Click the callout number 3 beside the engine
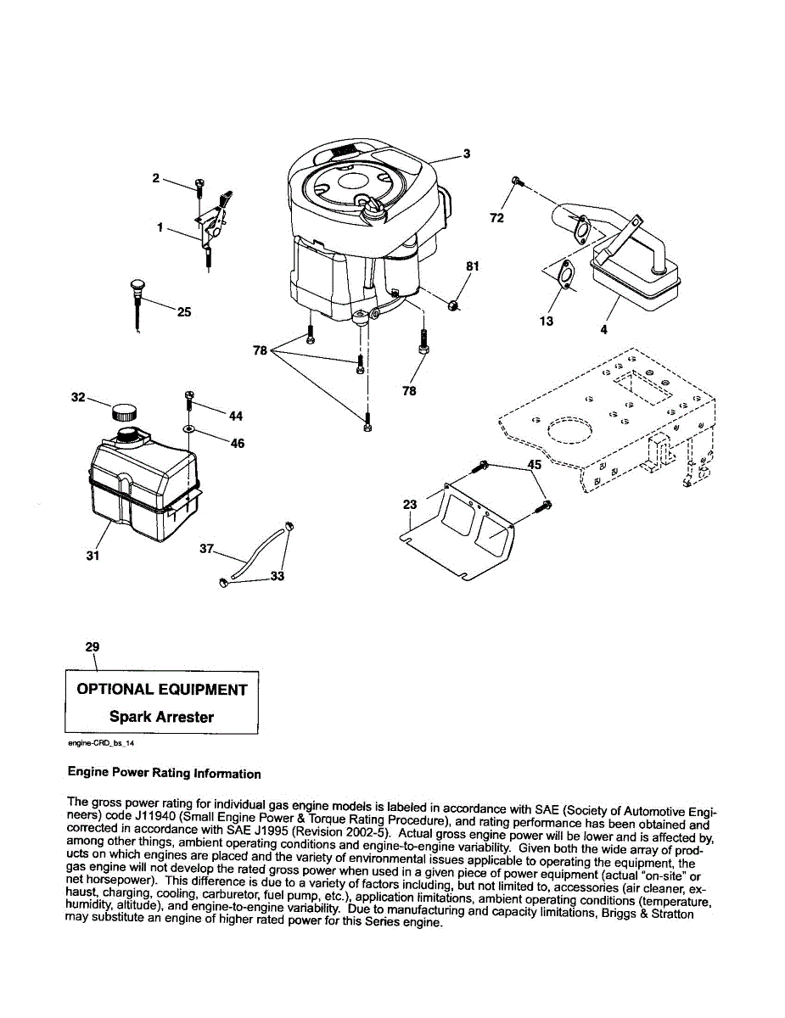466,154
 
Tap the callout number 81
473,266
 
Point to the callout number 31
93,556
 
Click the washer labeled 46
188,430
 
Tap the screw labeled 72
517,182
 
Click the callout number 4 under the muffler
603,330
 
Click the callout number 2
155,178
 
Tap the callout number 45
534,465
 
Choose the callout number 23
410,505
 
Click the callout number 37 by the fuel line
206,549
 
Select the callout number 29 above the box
93,646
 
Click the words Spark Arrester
161,717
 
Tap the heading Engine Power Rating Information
164,774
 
